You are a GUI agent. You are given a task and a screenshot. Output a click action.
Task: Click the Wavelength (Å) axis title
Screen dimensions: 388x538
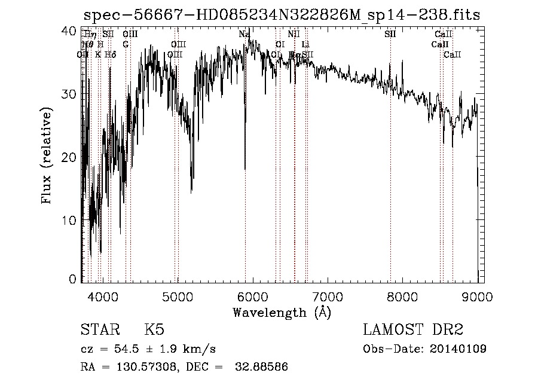pyautogui.click(x=281, y=312)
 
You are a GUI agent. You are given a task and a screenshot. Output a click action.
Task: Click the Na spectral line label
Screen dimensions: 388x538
pyautogui.click(x=244, y=35)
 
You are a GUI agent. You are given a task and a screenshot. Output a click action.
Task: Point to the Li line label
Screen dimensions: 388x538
pyautogui.click(x=305, y=44)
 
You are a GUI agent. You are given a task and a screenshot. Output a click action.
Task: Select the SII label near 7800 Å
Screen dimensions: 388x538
pyautogui.click(x=390, y=35)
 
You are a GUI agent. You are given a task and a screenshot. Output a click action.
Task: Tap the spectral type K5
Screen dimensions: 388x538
pyautogui.click(x=154, y=330)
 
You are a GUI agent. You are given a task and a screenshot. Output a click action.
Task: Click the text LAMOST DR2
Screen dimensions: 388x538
pyautogui.click(x=413, y=330)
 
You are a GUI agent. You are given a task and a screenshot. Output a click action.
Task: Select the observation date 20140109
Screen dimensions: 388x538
pyautogui.click(x=458, y=349)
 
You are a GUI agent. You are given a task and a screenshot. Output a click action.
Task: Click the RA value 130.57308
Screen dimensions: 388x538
pyautogui.click(x=149, y=366)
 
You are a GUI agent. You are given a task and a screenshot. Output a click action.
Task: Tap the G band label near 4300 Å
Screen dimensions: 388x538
pyautogui.click(x=126, y=44)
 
